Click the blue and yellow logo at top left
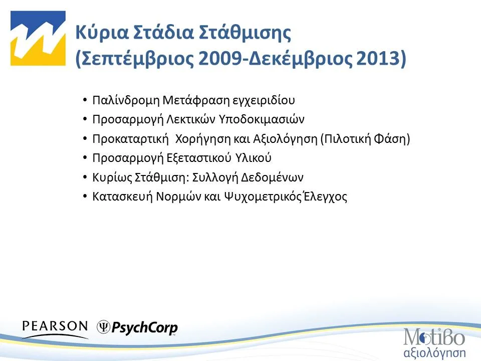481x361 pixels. coord(38,39)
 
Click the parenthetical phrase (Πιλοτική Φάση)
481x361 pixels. coord(365,139)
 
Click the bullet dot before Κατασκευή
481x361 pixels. coord(86,196)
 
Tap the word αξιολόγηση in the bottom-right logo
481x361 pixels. coord(434,350)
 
